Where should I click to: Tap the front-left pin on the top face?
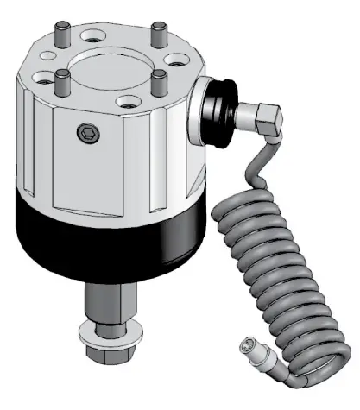63,85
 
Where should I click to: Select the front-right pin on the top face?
160,84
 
